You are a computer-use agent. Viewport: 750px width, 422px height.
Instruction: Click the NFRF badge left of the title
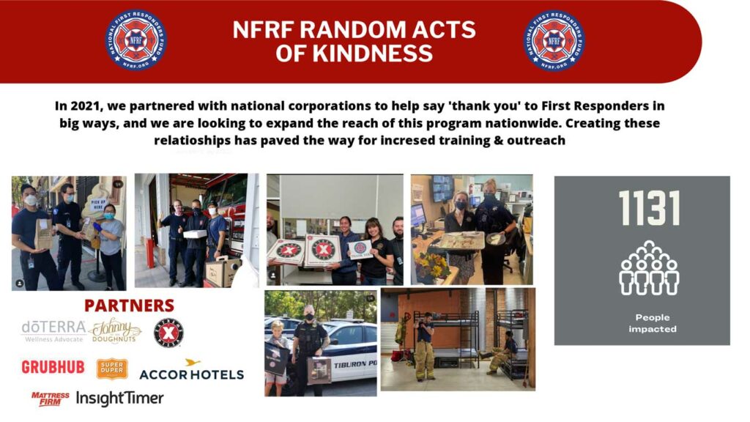coord(135,40)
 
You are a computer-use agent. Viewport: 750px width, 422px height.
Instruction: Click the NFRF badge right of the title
coord(554,40)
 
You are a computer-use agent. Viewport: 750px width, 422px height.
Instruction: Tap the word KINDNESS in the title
coord(354,53)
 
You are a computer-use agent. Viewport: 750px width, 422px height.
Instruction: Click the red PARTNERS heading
coord(129,306)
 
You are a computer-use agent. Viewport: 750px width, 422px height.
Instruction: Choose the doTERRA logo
coord(53,330)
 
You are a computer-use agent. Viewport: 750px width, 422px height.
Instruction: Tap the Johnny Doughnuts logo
coord(115,330)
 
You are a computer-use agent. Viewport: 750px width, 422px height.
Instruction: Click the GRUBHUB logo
coord(53,367)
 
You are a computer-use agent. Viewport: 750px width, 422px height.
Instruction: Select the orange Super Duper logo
coord(112,369)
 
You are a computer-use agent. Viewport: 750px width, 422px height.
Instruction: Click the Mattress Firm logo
coord(51,399)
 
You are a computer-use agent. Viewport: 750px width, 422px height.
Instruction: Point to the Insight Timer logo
coord(120,399)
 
